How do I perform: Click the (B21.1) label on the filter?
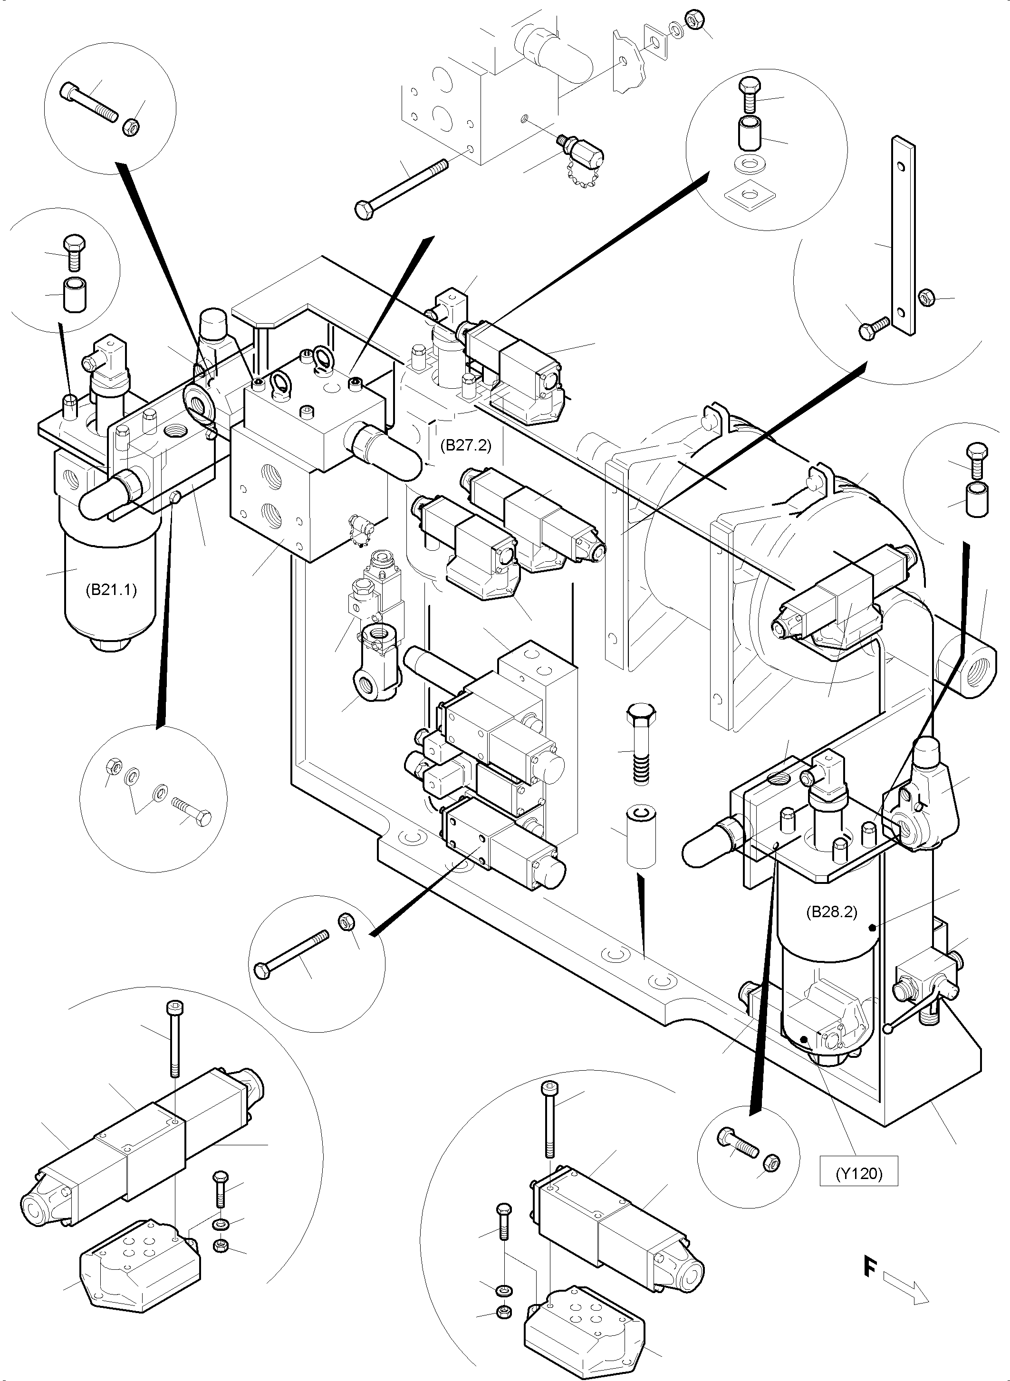coord(111,590)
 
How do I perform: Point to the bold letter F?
coord(869,1266)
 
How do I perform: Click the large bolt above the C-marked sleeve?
coord(641,741)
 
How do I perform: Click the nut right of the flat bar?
coord(927,297)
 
